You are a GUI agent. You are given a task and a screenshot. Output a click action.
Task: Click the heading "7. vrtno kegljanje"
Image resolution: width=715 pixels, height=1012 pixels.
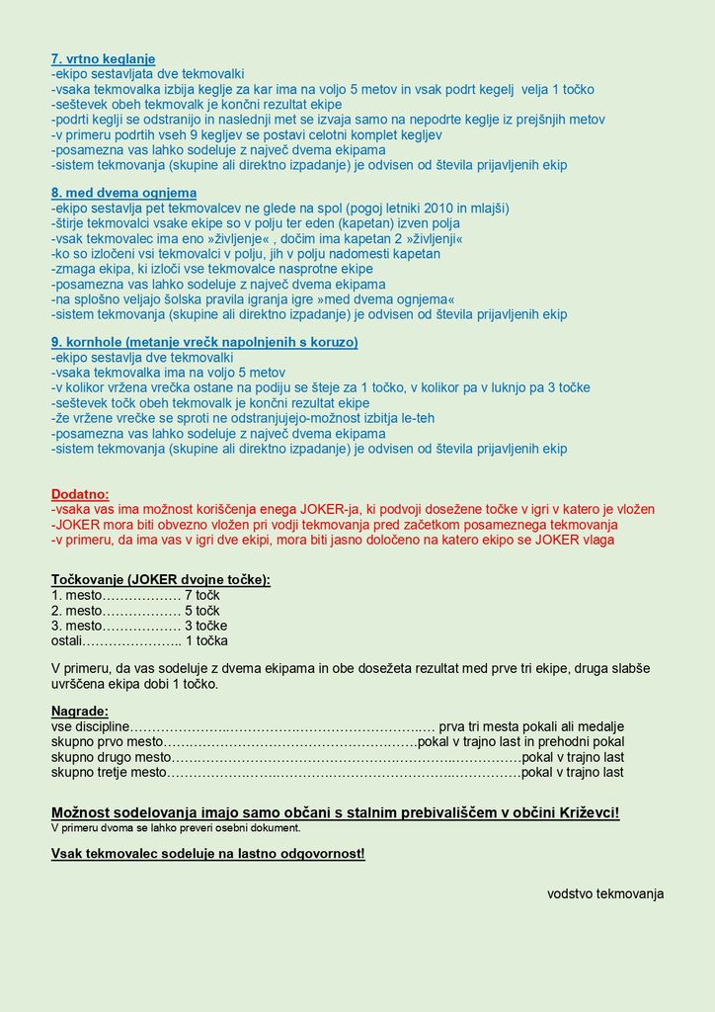tap(103, 59)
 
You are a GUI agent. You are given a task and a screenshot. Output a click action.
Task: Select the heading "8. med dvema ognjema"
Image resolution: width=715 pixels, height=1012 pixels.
tap(123, 193)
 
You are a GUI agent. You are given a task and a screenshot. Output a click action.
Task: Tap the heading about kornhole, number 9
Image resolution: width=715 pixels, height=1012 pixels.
tap(204, 342)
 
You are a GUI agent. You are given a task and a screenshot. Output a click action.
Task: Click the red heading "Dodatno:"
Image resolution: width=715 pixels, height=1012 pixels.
tap(80, 494)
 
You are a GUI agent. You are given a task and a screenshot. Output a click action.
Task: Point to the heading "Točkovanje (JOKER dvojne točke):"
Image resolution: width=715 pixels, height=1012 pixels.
tap(161, 580)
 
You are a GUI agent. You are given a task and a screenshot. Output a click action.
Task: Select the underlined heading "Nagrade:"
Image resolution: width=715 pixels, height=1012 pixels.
tap(80, 711)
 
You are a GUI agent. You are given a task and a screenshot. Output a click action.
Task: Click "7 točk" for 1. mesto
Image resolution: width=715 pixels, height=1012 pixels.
tap(202, 595)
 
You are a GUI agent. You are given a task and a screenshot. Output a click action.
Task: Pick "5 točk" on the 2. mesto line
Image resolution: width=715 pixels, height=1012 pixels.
tap(202, 611)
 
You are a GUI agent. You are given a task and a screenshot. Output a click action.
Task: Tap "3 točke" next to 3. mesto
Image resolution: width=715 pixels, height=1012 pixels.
tap(205, 626)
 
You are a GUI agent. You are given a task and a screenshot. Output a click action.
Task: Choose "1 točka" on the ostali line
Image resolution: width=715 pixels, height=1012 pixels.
tap(206, 640)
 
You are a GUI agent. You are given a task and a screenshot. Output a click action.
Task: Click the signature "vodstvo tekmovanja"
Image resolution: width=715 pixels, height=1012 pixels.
tap(605, 893)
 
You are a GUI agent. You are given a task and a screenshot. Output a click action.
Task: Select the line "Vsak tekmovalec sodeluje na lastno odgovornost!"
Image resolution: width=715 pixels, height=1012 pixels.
tap(208, 853)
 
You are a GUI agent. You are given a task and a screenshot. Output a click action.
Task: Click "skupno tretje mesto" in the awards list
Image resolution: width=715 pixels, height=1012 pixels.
tap(109, 772)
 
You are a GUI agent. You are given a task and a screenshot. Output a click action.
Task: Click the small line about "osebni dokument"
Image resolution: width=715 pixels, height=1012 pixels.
tap(176, 828)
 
